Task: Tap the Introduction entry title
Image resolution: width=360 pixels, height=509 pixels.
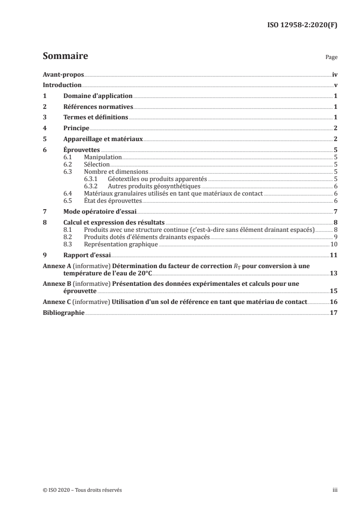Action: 62,85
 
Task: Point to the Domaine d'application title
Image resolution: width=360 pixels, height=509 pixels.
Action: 98,96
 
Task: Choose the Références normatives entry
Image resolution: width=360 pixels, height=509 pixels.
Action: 98,107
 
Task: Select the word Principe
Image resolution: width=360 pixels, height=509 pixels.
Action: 76,129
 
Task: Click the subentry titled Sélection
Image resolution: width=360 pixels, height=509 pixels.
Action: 97,165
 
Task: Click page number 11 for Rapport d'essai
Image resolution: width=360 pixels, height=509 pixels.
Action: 333,255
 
